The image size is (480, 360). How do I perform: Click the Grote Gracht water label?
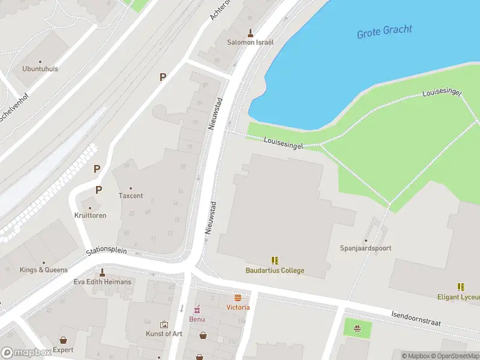[x=385, y=32]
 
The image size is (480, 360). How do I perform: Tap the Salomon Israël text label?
[x=250, y=43]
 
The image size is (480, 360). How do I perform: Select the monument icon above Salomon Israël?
[x=250, y=32]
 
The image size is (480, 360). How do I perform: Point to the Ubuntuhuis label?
[x=40, y=69]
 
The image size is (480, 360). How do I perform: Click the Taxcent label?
[x=131, y=196]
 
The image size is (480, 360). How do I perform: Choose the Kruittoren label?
[x=91, y=215]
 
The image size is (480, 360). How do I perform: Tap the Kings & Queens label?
[x=44, y=270]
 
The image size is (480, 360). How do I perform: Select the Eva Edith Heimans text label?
[x=102, y=282]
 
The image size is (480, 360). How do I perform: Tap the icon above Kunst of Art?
[x=164, y=325]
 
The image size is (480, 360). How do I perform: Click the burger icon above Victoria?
[x=238, y=298]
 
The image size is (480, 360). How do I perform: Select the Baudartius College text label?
[x=275, y=271]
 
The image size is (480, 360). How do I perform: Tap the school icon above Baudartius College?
[x=275, y=260]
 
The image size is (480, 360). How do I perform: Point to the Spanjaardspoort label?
[x=365, y=248]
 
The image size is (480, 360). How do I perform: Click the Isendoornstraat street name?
[x=416, y=319]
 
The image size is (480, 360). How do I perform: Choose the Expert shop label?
[x=63, y=350]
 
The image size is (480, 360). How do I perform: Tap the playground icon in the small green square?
[x=357, y=328]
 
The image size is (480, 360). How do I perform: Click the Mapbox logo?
[x=26, y=353]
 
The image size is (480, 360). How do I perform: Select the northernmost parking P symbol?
[x=162, y=77]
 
